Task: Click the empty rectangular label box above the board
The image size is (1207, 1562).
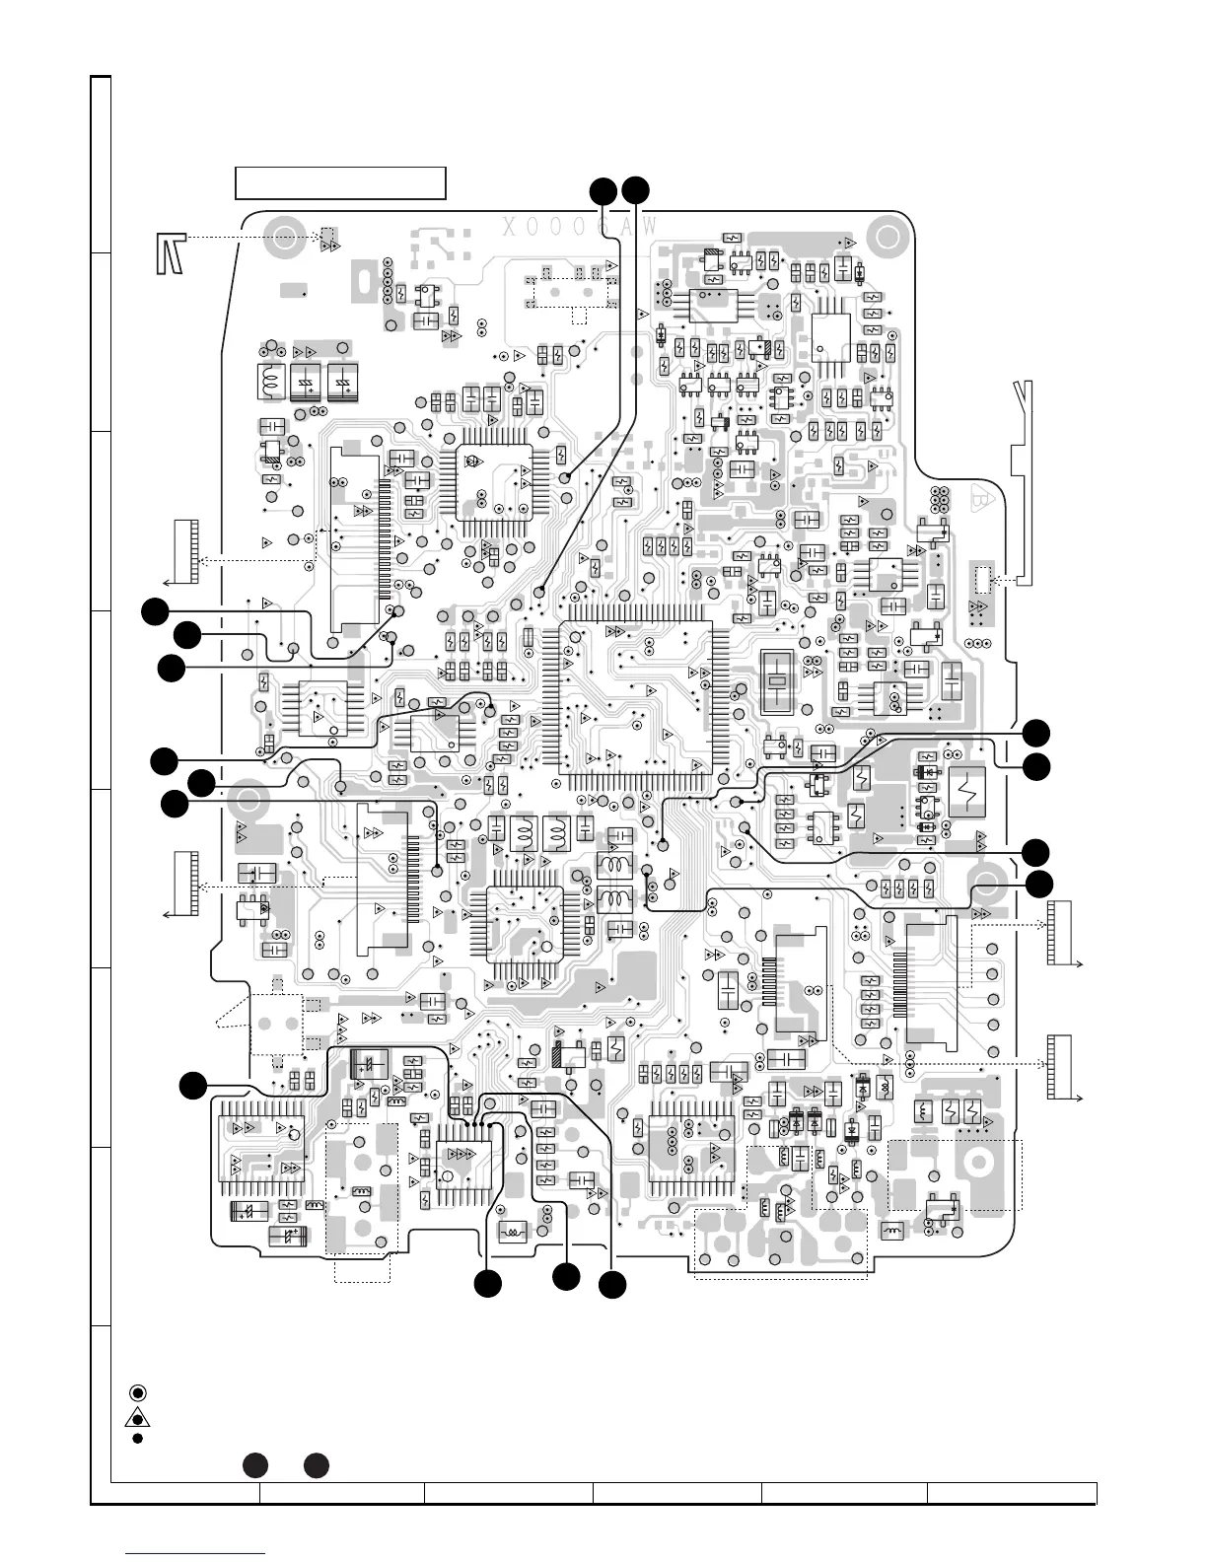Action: click(340, 183)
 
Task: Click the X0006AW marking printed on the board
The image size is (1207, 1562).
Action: click(580, 227)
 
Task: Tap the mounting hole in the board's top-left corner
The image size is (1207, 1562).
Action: click(287, 237)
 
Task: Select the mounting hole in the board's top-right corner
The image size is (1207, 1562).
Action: click(886, 238)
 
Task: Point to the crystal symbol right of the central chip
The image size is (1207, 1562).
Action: click(778, 680)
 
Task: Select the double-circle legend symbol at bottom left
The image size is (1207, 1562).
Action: click(138, 1392)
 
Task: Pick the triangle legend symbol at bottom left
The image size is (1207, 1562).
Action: click(138, 1418)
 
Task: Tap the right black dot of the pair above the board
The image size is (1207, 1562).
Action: click(635, 190)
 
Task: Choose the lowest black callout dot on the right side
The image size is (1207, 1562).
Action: click(1037, 884)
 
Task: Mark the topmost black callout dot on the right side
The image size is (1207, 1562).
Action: click(1036, 733)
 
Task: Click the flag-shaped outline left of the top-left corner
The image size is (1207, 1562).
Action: click(170, 253)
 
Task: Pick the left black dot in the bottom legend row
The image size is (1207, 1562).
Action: click(254, 1465)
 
